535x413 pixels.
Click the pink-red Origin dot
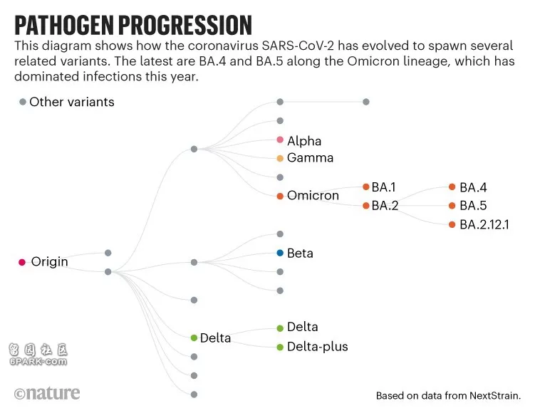(x=22, y=262)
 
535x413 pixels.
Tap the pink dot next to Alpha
(x=280, y=140)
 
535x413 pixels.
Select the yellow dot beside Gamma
(x=280, y=158)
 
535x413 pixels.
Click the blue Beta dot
(x=280, y=253)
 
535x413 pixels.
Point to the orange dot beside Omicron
(x=280, y=196)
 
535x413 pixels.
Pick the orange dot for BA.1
(x=365, y=187)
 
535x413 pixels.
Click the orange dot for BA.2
(x=365, y=206)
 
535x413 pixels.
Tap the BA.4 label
(x=473, y=187)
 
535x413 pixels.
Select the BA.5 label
(x=473, y=206)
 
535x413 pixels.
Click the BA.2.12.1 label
(x=484, y=224)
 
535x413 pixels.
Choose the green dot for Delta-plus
(x=280, y=347)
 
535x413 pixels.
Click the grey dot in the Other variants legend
(x=23, y=102)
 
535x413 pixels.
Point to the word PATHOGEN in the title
(x=64, y=26)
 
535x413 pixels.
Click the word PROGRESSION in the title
(x=185, y=26)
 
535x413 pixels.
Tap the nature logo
(x=47, y=393)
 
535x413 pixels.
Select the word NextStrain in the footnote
(x=495, y=396)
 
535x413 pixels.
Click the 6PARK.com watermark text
(x=38, y=362)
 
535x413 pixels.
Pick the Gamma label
(x=310, y=158)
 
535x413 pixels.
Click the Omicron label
(x=313, y=195)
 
